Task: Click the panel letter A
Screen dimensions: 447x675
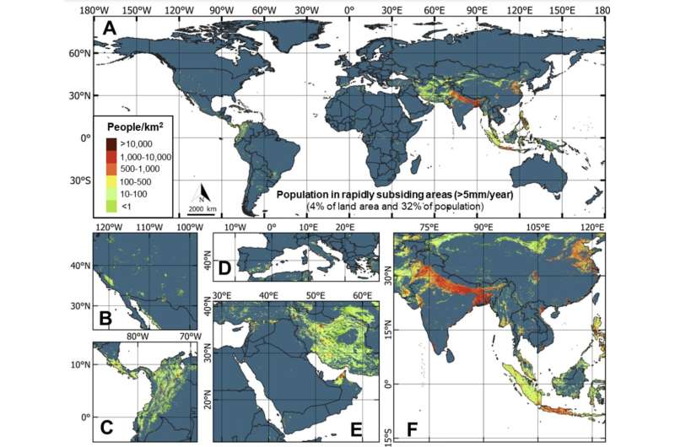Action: tap(108, 29)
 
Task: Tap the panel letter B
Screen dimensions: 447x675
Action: tap(107, 319)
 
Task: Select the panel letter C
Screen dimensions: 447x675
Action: tap(107, 425)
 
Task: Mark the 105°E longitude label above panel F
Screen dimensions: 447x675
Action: tap(538, 228)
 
